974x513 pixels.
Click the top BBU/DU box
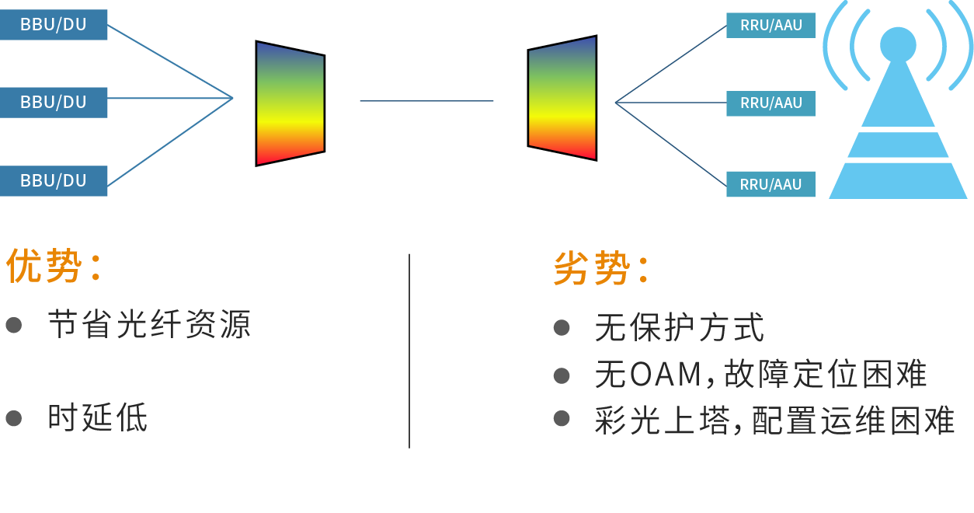coord(54,25)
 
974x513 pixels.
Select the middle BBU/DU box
coord(54,103)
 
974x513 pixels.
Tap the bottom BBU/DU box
coord(54,181)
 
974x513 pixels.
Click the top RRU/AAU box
coord(771,25)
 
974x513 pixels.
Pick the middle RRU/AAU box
coord(771,103)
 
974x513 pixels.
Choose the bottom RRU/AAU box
coord(771,184)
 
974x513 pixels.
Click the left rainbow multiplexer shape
coord(290,103)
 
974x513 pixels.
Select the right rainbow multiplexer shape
coord(562,98)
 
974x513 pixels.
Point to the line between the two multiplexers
coord(426,101)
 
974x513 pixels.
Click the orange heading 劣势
coord(591,269)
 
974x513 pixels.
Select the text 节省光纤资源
coord(149,325)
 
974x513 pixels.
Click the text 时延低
coord(97,418)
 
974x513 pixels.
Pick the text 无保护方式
coord(679,328)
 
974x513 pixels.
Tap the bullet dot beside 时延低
coord(14,418)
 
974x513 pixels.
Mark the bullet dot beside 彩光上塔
coord(562,419)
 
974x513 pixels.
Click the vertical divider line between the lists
coord(409,350)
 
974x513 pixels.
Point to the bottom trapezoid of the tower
coord(898,180)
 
